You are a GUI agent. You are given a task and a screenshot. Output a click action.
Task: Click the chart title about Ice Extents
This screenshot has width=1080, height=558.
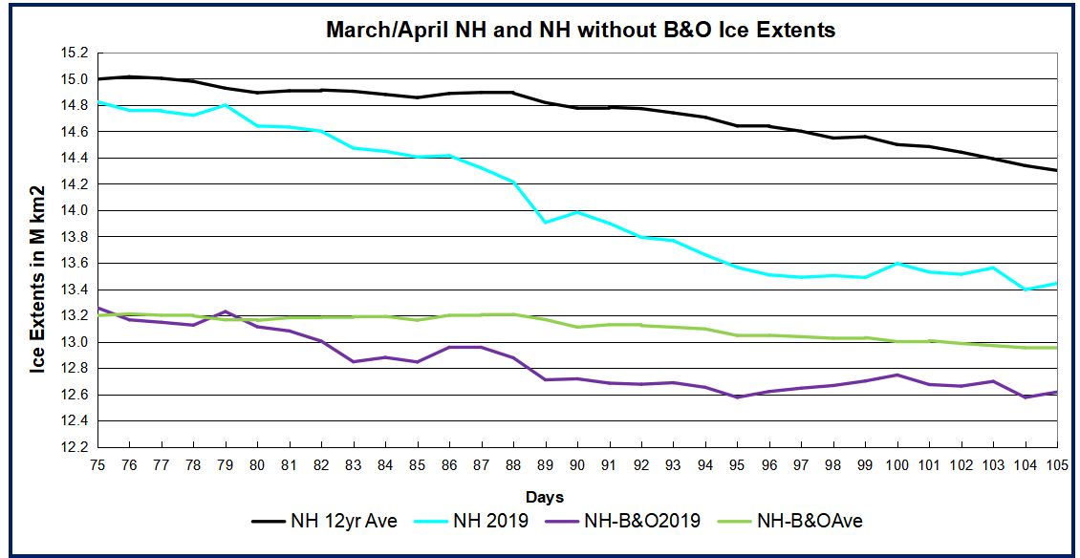click(x=580, y=30)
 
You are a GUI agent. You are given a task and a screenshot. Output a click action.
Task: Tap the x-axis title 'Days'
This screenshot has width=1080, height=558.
click(x=544, y=497)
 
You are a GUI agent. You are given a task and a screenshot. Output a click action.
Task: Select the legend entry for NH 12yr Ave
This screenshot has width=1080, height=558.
click(x=322, y=521)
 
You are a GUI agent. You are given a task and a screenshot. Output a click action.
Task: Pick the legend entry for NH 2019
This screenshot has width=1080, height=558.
click(x=478, y=521)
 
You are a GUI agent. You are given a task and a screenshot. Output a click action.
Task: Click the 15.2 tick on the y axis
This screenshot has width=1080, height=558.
click(x=74, y=53)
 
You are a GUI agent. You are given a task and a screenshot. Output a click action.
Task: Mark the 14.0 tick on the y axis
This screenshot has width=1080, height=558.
click(x=74, y=210)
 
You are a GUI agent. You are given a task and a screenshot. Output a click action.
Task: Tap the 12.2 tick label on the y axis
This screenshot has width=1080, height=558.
click(x=74, y=447)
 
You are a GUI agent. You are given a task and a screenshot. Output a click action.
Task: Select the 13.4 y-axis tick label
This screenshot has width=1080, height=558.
click(x=74, y=290)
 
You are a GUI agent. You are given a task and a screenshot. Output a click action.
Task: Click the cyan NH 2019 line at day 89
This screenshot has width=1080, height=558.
click(x=546, y=222)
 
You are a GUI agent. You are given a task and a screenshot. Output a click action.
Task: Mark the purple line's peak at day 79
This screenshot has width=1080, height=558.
click(x=226, y=311)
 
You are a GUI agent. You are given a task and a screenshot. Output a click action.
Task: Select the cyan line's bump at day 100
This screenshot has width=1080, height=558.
click(x=897, y=264)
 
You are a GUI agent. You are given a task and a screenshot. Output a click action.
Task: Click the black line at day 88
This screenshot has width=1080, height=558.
click(x=513, y=93)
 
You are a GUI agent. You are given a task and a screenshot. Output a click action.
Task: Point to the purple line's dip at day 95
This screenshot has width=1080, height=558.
click(x=738, y=397)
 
